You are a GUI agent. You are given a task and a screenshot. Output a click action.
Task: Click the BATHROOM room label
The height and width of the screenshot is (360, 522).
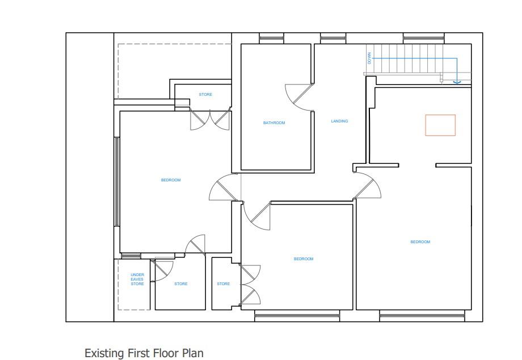click(x=274, y=123)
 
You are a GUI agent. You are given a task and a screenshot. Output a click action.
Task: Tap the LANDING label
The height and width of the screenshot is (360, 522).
click(x=339, y=121)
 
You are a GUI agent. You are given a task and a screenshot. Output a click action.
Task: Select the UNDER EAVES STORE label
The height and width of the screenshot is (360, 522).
click(x=137, y=279)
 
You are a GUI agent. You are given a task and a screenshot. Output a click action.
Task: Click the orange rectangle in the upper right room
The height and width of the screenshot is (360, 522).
click(x=440, y=125)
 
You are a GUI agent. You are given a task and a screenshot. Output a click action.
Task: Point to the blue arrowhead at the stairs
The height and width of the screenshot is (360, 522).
click(x=457, y=82)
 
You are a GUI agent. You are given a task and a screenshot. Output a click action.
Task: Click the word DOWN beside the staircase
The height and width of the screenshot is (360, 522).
click(x=369, y=58)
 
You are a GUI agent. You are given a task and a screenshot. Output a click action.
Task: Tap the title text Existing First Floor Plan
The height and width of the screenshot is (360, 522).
click(x=144, y=353)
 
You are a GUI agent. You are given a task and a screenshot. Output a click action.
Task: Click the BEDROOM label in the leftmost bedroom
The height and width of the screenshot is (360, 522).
click(x=171, y=180)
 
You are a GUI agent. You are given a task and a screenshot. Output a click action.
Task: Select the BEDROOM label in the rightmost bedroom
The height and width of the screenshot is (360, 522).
click(x=420, y=242)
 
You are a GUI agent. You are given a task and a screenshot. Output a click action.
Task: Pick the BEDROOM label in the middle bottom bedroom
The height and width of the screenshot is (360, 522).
click(x=304, y=259)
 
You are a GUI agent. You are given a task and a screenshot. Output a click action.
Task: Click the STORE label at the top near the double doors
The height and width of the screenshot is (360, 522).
click(x=205, y=95)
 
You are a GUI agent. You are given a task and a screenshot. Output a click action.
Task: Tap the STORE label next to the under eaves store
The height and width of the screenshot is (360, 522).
click(x=181, y=284)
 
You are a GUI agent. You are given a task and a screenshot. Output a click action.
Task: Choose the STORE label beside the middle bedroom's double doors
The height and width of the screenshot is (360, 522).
click(x=223, y=284)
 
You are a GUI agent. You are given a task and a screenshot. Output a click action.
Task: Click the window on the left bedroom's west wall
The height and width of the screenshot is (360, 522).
click(x=117, y=181)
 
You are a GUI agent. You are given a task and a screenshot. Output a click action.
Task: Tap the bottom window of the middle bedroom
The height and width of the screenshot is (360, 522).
click(x=297, y=316)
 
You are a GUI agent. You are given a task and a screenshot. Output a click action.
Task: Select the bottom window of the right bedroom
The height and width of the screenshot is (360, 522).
click(x=422, y=316)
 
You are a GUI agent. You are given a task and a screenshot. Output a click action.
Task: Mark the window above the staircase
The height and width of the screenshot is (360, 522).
click(x=423, y=38)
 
